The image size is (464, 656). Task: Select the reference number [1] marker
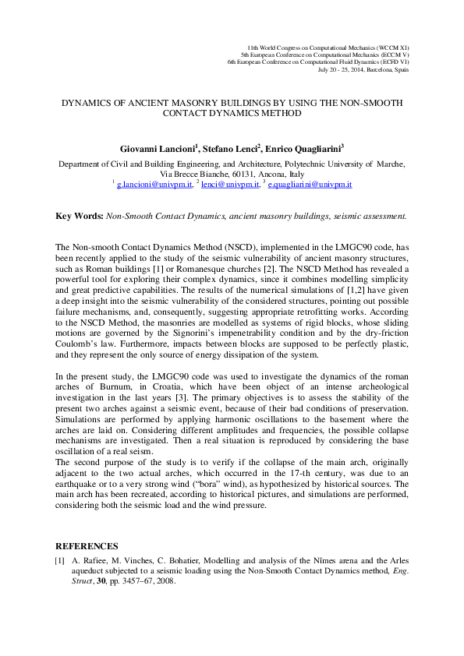pyautogui.click(x=59, y=560)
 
